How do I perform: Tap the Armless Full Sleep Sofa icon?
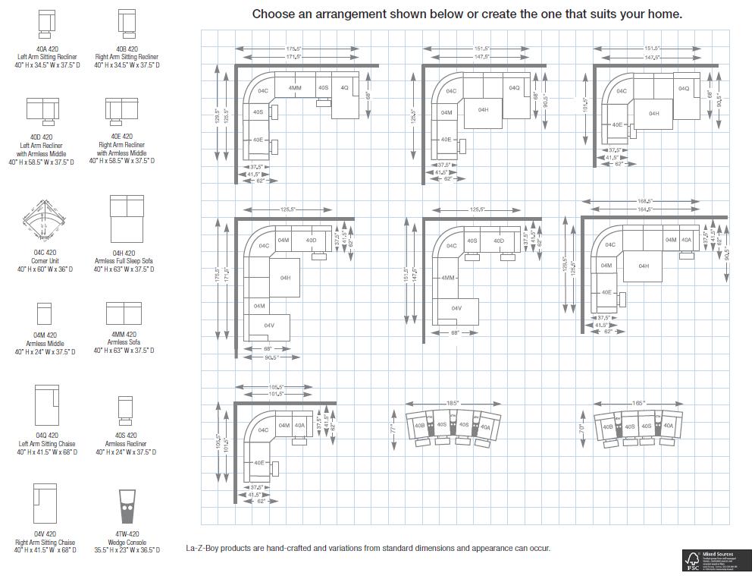point(127,218)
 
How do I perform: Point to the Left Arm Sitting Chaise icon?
point(46,405)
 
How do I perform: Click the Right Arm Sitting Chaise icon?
point(45,502)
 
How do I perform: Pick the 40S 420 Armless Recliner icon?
point(125,410)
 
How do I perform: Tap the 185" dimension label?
point(453,402)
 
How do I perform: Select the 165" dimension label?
point(638,402)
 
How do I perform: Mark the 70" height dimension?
point(581,428)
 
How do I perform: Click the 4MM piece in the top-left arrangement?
point(295,88)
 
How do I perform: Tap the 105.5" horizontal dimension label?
point(275,386)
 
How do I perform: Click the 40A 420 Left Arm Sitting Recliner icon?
point(46,24)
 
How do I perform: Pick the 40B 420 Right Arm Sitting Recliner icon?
point(127,23)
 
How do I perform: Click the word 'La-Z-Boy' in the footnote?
point(204,548)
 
